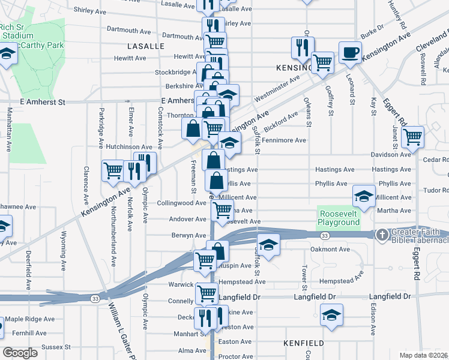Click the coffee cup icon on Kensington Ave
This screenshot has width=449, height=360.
pyautogui.click(x=350, y=52)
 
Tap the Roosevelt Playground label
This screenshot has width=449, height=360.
pyautogui.click(x=339, y=218)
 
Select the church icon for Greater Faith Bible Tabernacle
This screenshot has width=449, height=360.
pyautogui.click(x=382, y=234)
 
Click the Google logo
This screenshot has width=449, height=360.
pyautogui.click(x=20, y=352)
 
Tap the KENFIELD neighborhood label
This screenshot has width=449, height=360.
pyautogui.click(x=304, y=343)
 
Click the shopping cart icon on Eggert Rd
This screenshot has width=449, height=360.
pyautogui.click(x=412, y=137)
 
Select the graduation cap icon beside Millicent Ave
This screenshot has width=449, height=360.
pyautogui.click(x=364, y=196)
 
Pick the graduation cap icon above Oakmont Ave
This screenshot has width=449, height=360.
pyautogui.click(x=268, y=244)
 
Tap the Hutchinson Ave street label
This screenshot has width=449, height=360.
pyautogui.click(x=129, y=146)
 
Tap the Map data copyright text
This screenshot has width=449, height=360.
pyautogui.click(x=423, y=355)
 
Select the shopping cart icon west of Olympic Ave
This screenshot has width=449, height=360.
pyautogui.click(x=113, y=171)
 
